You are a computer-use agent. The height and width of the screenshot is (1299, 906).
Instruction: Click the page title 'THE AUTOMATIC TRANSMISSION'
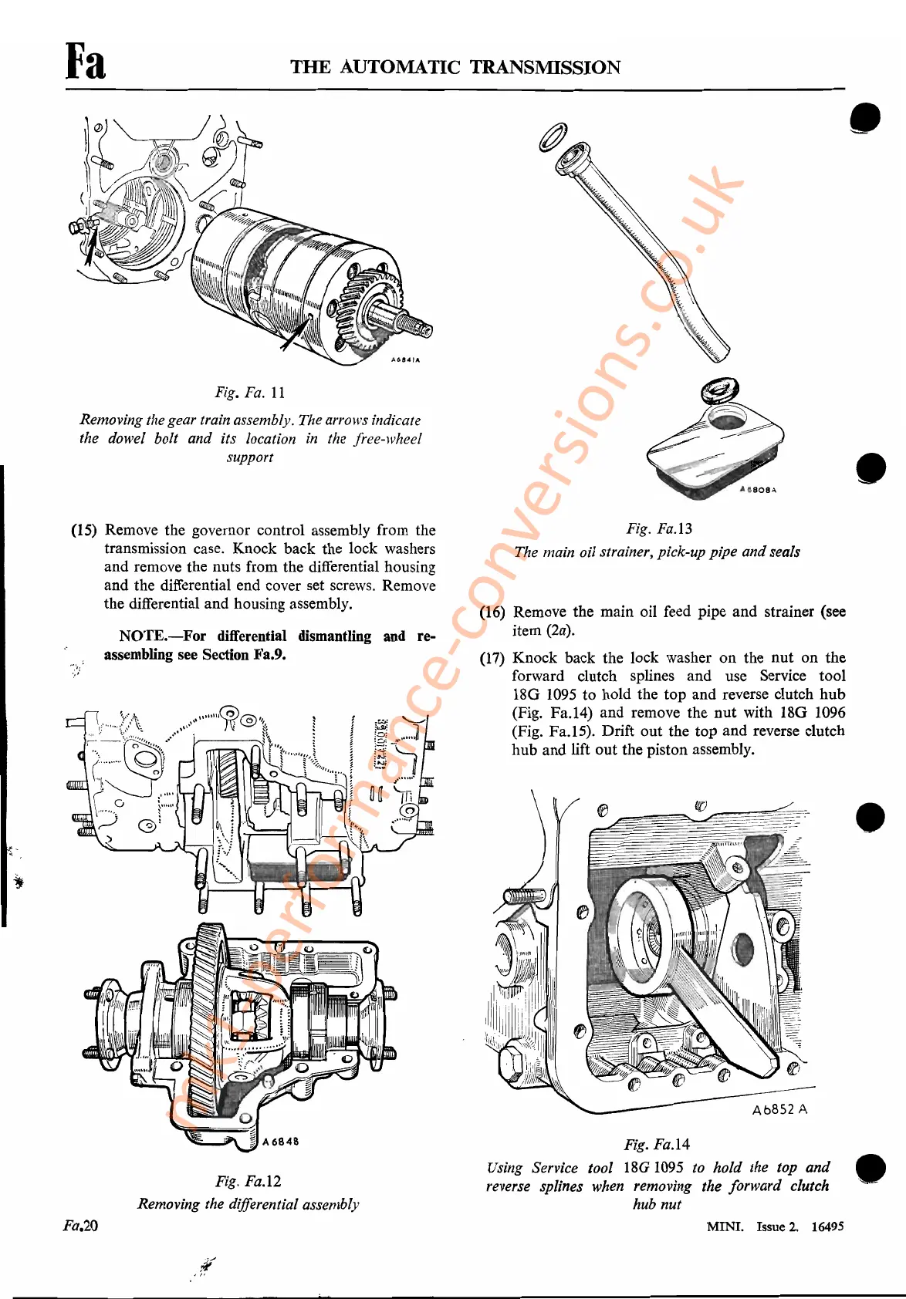point(455,67)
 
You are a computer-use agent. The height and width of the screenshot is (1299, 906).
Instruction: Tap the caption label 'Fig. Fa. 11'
point(250,393)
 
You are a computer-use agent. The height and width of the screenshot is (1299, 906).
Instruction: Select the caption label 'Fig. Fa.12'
point(248,1181)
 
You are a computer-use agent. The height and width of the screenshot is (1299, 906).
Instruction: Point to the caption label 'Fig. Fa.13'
point(659,528)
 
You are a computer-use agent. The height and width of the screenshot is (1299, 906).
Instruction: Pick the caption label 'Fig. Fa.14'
point(657,1145)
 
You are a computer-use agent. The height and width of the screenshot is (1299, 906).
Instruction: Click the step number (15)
point(84,531)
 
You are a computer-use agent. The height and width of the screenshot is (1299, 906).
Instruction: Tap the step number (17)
point(492,658)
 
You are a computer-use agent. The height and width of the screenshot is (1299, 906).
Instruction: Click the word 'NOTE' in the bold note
point(142,636)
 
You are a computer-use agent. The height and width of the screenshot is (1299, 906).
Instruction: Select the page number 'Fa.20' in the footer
point(80,1226)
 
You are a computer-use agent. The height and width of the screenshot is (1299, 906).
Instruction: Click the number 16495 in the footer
point(827,1226)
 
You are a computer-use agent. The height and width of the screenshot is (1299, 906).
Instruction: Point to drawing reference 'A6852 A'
point(779,1109)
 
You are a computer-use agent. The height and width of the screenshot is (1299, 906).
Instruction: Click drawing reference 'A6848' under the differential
point(280,1142)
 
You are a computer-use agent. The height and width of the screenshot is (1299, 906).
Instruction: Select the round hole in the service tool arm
point(742,949)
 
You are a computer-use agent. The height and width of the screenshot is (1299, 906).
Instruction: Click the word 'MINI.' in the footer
point(725,1226)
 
